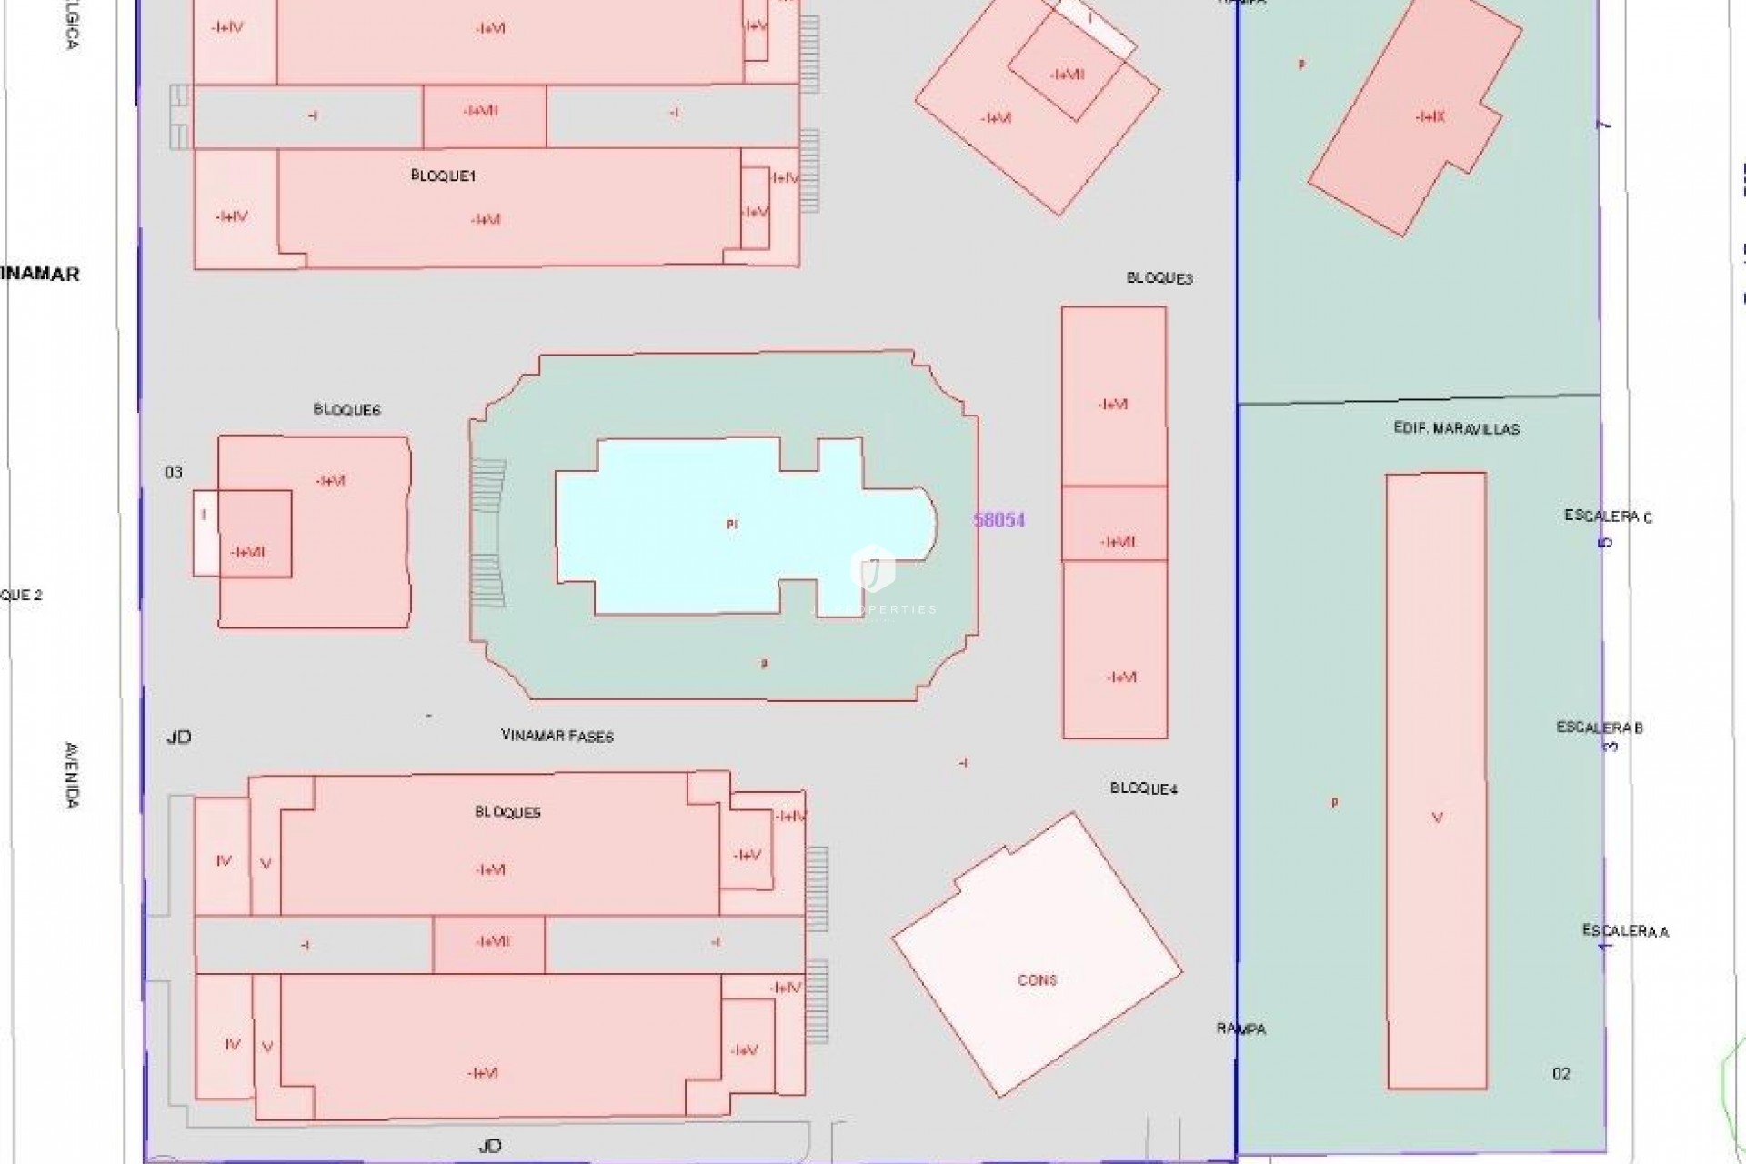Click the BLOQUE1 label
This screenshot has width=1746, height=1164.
[x=443, y=176]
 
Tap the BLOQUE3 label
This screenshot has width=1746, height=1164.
[x=1159, y=278]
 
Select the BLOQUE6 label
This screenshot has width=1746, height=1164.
[x=346, y=410]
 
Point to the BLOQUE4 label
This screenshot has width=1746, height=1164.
[x=1144, y=788]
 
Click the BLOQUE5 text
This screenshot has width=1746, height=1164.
[x=507, y=812]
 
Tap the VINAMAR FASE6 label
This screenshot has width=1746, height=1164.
[x=557, y=736]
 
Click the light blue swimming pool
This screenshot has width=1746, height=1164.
[x=691, y=527]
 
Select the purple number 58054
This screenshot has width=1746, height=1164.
[x=999, y=520]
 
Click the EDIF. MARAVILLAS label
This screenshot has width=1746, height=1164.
[x=1456, y=428]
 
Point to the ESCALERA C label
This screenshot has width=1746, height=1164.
[x=1608, y=517]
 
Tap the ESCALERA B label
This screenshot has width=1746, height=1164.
[x=1600, y=727]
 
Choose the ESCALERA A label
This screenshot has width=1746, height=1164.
[x=1625, y=931]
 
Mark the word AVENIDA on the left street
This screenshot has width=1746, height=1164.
[x=73, y=775]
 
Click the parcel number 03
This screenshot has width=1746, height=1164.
[x=174, y=472]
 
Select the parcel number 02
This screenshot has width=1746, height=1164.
[x=1561, y=1074]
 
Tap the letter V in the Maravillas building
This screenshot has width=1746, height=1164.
[x=1438, y=818]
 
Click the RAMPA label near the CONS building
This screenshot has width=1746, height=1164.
[x=1241, y=1029]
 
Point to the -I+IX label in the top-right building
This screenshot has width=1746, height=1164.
[x=1430, y=117]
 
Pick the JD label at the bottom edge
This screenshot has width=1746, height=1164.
[x=489, y=1146]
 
